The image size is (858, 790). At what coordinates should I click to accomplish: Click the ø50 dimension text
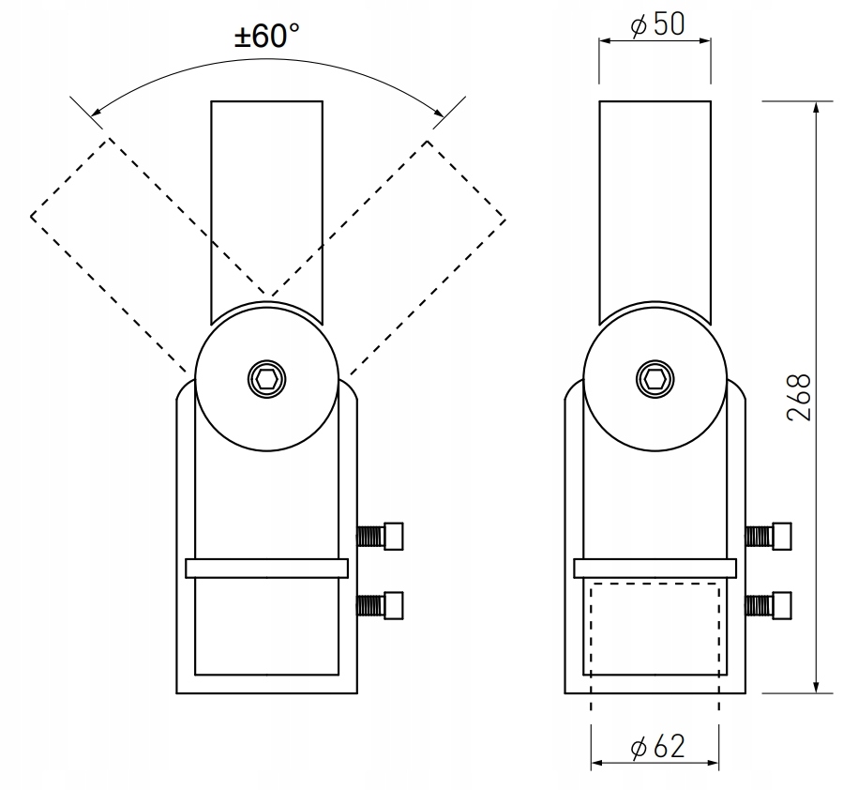pos(657,25)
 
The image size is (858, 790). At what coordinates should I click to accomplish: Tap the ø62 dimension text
pos(657,748)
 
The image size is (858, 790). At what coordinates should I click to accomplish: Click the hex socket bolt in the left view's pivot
pos(266,379)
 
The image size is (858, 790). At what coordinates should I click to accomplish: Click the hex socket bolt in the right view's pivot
pos(655,379)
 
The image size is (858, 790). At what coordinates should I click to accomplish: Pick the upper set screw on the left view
pos(383,536)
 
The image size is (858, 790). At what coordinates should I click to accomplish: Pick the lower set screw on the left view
pos(383,604)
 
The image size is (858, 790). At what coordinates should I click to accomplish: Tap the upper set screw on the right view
pos(770,536)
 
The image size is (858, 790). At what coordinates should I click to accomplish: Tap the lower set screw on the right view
pos(770,604)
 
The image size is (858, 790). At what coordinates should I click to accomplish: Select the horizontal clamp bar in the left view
pos(267,569)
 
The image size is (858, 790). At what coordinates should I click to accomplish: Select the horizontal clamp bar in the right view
pos(655,569)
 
